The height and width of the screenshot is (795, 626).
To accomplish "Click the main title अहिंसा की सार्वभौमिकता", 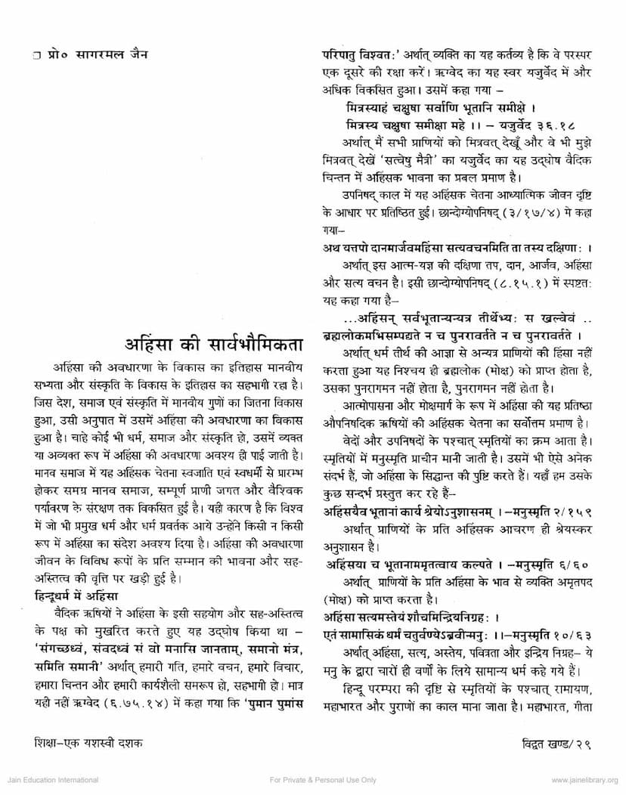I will click(214, 348).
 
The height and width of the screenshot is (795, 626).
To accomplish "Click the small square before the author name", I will click(26, 55).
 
